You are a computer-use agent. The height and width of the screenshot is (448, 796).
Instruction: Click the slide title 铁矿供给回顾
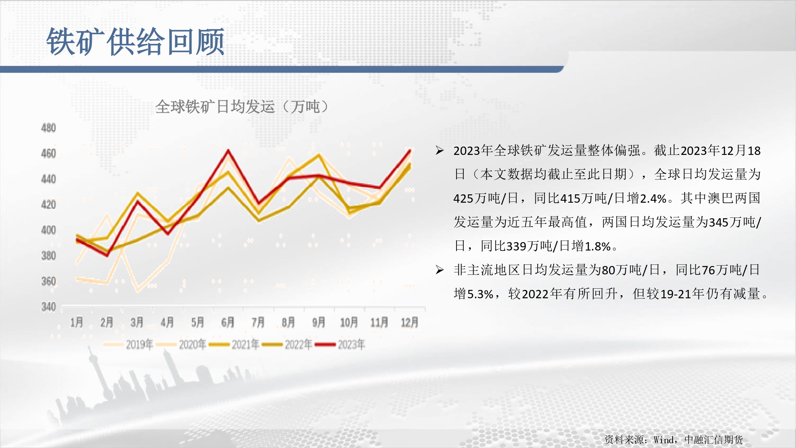coord(135,41)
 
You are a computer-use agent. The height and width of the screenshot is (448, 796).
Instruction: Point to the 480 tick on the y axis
coord(49,128)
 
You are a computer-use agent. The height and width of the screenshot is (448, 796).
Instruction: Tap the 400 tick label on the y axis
coord(49,230)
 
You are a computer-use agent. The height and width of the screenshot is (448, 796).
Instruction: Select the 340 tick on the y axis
coord(49,307)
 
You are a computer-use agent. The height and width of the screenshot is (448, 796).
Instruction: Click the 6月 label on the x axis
coord(228,322)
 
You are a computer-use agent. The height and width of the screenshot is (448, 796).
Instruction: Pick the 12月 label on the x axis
coord(410,322)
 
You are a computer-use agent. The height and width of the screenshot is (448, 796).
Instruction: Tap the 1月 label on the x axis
coord(77,322)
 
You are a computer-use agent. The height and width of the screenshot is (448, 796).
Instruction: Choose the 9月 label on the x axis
coord(319,322)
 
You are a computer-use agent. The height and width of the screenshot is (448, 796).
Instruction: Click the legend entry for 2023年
coord(340,344)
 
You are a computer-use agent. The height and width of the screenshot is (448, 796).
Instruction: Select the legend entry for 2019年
coord(128,344)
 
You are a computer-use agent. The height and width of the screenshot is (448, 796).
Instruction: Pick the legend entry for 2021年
coord(234,344)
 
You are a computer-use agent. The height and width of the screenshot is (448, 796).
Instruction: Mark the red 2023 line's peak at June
coord(228,150)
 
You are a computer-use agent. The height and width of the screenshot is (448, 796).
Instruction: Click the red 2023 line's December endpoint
coord(410,151)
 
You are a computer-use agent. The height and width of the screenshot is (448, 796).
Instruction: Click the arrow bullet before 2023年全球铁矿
coord(439,151)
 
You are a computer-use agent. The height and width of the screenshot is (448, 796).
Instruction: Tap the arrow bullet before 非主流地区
coord(439,270)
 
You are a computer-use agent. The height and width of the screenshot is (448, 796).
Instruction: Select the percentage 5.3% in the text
coord(480,294)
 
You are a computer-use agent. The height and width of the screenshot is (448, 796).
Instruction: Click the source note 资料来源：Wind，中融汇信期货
coord(674,440)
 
